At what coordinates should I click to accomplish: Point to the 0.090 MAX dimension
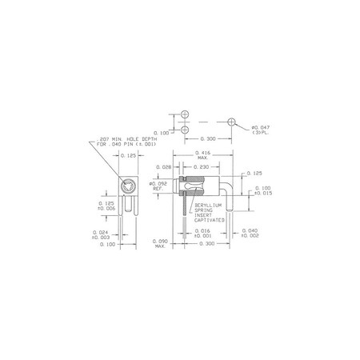(160, 242)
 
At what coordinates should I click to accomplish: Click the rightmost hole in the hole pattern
(231, 122)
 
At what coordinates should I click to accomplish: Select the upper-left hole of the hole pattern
(186, 115)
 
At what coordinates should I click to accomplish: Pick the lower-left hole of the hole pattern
(186, 130)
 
